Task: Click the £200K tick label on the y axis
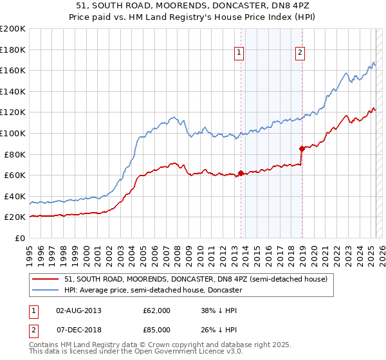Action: (x=13, y=28)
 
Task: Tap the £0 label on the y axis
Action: (x=20, y=238)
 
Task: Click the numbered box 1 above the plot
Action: (x=239, y=53)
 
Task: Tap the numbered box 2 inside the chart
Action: (x=300, y=53)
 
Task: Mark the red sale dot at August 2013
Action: (x=241, y=173)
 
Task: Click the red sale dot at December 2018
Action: (x=302, y=148)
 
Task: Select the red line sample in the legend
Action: (x=46, y=279)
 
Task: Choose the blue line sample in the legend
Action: (x=46, y=291)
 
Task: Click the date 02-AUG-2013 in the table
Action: (x=79, y=310)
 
